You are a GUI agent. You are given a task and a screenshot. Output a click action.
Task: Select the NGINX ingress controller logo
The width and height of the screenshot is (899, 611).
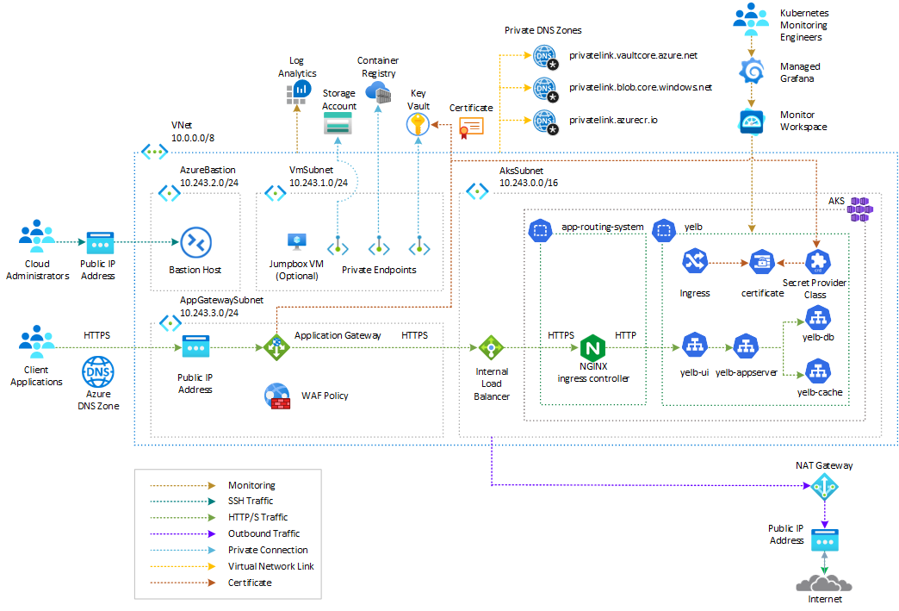point(593,348)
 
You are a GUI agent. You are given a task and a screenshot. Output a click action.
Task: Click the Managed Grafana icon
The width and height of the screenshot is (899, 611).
point(753,71)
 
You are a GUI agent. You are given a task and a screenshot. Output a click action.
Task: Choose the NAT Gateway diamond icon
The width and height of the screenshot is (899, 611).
point(824,489)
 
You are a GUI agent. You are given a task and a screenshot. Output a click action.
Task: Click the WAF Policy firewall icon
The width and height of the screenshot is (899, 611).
point(277,396)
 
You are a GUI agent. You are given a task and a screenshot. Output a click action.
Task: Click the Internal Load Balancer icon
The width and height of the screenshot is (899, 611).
point(491,349)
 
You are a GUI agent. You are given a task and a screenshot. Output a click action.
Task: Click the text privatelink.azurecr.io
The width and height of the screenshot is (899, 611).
point(613,120)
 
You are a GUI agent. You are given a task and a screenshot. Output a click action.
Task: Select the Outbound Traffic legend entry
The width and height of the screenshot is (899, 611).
point(263,533)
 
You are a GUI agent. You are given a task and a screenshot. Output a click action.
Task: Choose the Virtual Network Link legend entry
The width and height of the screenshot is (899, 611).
point(270,566)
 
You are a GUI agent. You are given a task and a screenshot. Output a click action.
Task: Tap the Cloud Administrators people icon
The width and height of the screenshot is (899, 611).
point(37,239)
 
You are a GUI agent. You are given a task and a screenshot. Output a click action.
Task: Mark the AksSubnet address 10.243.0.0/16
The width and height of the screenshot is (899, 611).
point(529,183)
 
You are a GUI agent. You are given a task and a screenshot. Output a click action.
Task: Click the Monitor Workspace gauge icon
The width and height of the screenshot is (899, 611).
point(753,122)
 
